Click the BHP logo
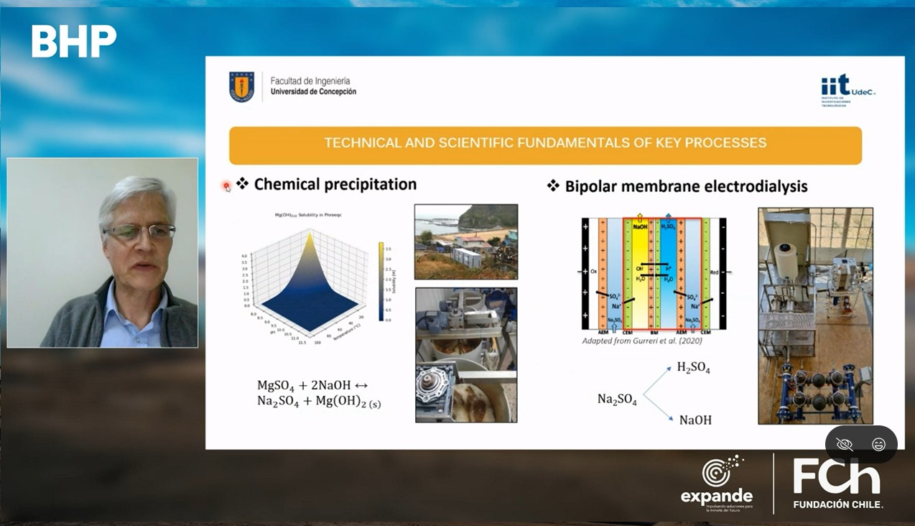74,42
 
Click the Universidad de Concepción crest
241,87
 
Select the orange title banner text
545,143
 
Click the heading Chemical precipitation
335,185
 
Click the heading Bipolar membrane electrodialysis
686,187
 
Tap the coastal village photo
465,241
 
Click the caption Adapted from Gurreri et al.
642,341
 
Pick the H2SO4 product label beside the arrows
693,368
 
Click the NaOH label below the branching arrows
695,420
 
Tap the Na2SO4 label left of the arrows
617,400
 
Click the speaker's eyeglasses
139,231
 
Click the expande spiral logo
721,471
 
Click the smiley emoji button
878,445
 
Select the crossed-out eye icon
845,445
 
